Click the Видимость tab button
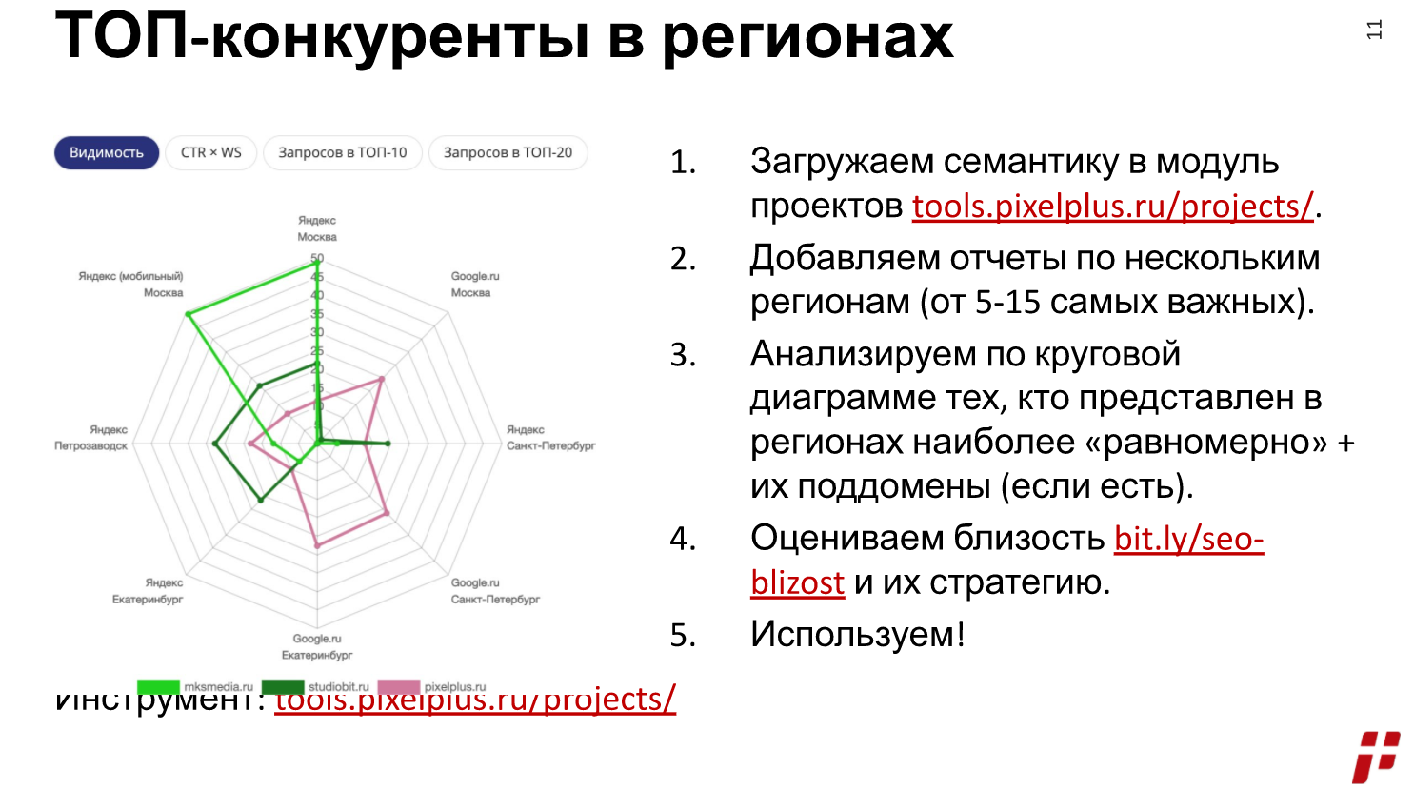pos(106,152)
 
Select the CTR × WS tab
pos(211,152)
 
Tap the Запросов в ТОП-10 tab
pos(342,152)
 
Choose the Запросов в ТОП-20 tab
pos(508,152)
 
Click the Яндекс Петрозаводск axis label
pos(91,438)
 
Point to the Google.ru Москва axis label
pos(473,285)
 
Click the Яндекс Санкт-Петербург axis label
pos(550,438)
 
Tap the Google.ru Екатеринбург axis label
pos(317,646)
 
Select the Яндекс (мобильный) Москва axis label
pos(131,285)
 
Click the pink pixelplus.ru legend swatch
pos(399,687)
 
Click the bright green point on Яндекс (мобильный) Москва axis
pos(189,313)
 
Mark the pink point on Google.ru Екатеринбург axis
pos(317,545)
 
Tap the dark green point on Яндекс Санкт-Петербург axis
pos(388,444)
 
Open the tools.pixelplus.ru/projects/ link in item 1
pos(1112,206)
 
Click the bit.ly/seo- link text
pos(1188,539)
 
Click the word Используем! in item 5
pos(857,634)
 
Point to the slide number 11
pos(1374,30)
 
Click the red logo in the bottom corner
pos(1375,757)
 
